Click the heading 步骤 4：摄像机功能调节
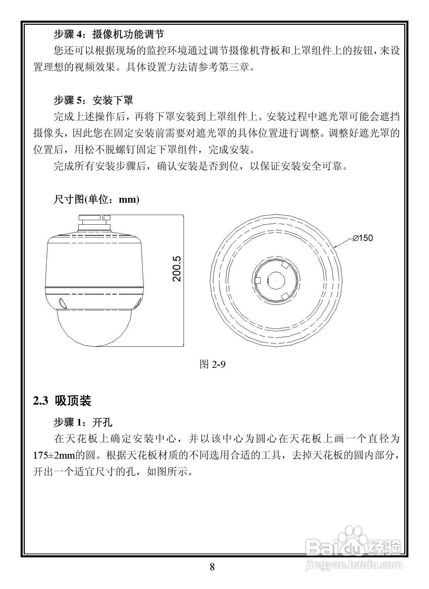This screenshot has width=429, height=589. tap(109, 34)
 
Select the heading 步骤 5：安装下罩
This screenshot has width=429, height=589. tap(93, 100)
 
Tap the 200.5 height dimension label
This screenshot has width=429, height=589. tap(177, 269)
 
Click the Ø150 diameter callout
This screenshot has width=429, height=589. tap(363, 238)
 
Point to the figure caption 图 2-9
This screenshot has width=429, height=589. tap(212, 364)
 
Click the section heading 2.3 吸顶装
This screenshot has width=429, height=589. tap(62, 401)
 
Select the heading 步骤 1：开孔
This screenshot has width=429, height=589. tap(83, 422)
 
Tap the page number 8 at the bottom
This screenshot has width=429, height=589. tap(212, 567)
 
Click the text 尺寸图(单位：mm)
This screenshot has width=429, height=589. tap(96, 200)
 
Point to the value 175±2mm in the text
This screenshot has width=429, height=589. tap(54, 456)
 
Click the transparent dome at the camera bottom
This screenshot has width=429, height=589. tap(94, 327)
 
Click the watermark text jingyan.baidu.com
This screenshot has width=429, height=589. tap(354, 565)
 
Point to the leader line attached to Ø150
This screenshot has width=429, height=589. tap(343, 243)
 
